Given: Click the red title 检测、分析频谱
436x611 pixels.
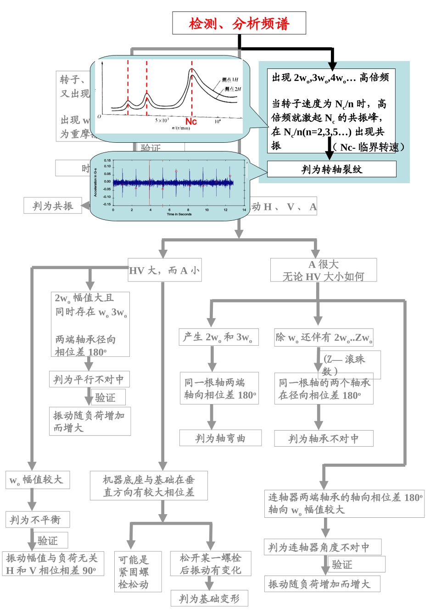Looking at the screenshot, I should coord(239,23).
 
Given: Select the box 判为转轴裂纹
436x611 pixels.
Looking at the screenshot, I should coord(331,169).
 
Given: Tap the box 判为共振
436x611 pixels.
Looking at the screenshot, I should coord(52,206).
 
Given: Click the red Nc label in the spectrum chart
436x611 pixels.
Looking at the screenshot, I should coord(191,121).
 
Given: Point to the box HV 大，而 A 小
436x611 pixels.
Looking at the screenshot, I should coord(165,270).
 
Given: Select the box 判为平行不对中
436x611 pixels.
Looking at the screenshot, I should coord(89,380).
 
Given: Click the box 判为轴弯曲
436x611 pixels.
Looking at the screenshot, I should coord(220,438).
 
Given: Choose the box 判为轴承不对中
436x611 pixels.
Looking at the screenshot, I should coord(324,439).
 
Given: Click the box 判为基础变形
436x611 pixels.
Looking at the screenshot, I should coord(209,599).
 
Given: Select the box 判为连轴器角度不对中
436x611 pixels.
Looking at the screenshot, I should coord(323,547).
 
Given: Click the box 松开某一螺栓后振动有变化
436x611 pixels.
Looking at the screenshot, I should coord(210,564).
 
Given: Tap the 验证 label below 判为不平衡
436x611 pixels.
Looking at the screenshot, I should coord(48,540).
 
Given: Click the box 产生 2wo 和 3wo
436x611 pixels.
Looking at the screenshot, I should coord(218,337).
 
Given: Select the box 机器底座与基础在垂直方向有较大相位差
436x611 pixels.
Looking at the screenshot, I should coord(149,486).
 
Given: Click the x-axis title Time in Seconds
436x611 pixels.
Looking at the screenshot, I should coord(179,214).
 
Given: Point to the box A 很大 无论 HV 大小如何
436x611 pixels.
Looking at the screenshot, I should coord(324,270).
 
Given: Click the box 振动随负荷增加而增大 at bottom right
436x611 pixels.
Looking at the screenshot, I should coord(323,584).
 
